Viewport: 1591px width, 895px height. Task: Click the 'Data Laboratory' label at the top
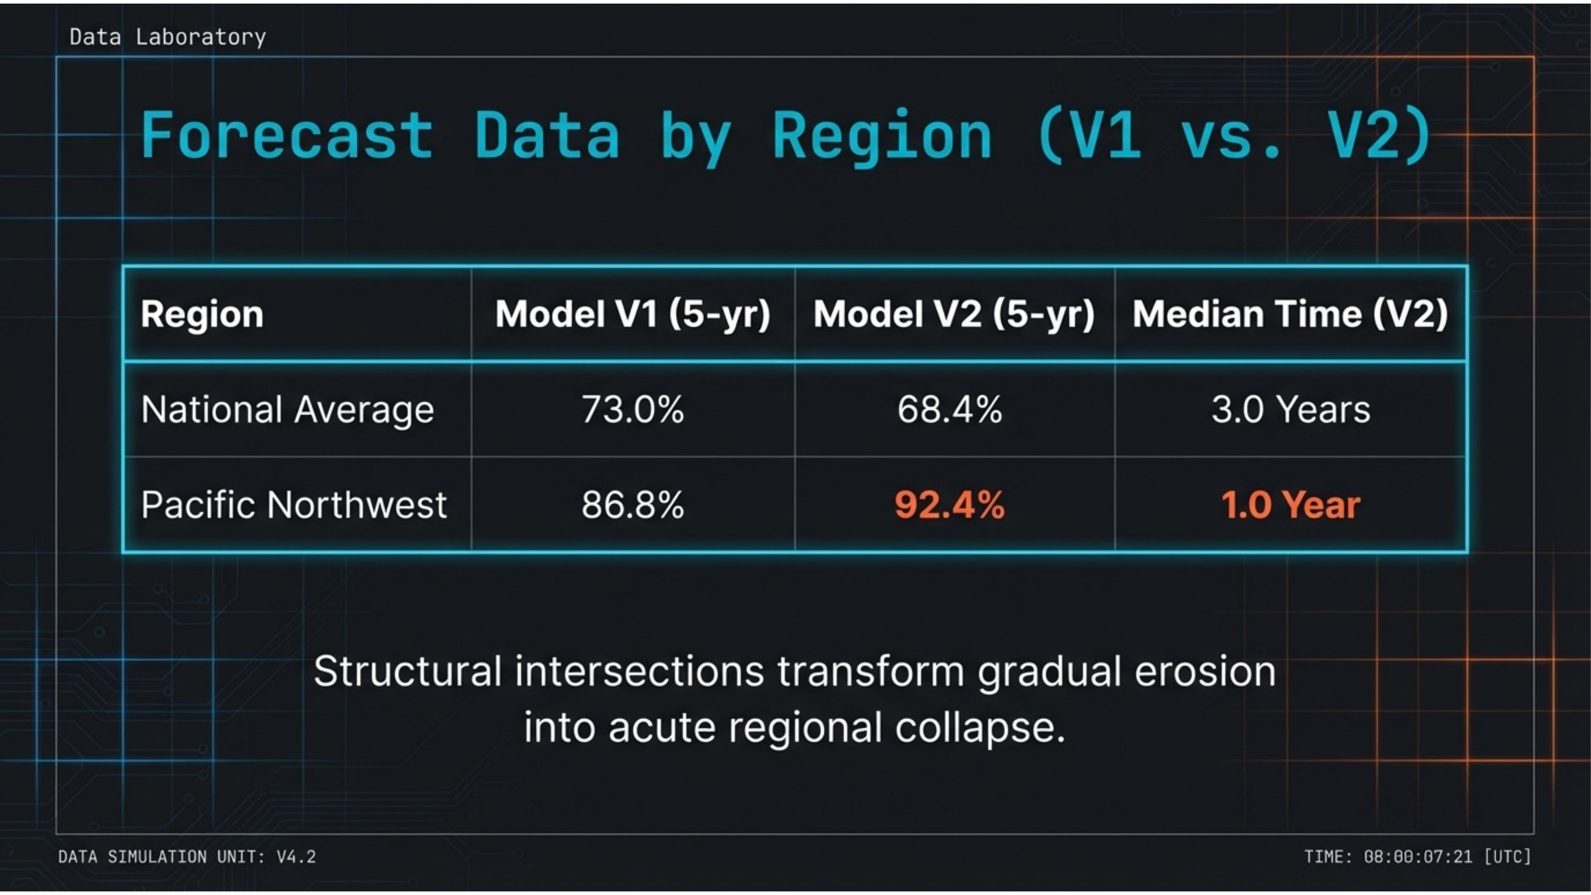click(167, 37)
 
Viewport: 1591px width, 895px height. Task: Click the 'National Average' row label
click(287, 409)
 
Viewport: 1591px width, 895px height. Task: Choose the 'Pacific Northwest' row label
click(294, 505)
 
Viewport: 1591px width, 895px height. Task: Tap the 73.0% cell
click(633, 409)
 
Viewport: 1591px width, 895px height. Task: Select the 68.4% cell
click(949, 409)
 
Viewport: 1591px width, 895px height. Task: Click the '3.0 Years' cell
click(1290, 409)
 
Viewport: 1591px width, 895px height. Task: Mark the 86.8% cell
click(633, 505)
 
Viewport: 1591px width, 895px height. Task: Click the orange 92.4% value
click(949, 505)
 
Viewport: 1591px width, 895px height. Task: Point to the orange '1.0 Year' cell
click(1290, 505)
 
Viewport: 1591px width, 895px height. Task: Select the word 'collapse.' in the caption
click(980, 727)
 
